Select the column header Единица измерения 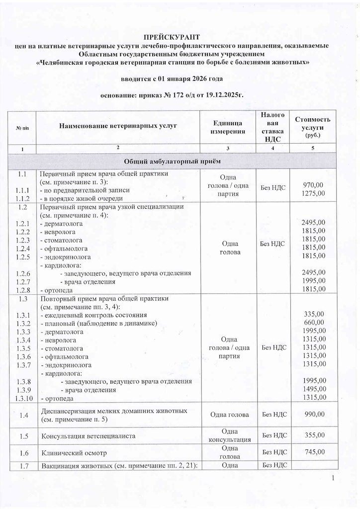229,127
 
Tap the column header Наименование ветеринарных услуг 118,126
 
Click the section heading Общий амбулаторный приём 171,162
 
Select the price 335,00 314,314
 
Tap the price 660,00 314,323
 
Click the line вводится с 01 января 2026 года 172,79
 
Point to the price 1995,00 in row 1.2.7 314,281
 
